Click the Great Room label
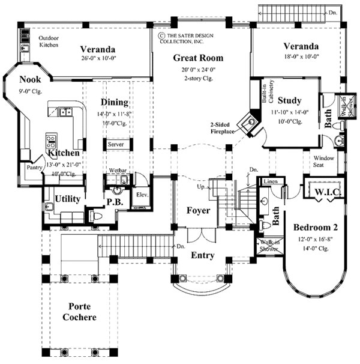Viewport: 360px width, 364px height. pos(198,58)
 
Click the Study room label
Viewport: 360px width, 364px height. pos(290,100)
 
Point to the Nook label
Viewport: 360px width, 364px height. pos(30,79)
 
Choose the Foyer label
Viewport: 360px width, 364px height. pos(197,210)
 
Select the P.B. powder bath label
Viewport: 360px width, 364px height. pos(115,203)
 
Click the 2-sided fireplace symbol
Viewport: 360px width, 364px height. pos(248,122)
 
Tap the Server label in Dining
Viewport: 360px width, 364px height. pos(115,145)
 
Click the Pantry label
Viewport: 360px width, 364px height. pos(32,168)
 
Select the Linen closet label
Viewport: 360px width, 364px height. pos(269,180)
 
